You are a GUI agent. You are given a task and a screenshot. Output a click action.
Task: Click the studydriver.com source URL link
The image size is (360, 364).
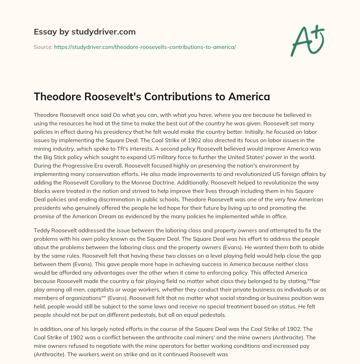coord(145,47)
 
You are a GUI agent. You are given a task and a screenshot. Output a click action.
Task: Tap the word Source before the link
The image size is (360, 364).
coord(43,47)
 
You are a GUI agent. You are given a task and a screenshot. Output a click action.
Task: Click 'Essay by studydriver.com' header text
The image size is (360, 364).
coord(85,32)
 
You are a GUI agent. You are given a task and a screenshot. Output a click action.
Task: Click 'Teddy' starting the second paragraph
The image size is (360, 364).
coord(41,231)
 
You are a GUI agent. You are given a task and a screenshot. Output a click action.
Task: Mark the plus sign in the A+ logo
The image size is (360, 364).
coord(318,31)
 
